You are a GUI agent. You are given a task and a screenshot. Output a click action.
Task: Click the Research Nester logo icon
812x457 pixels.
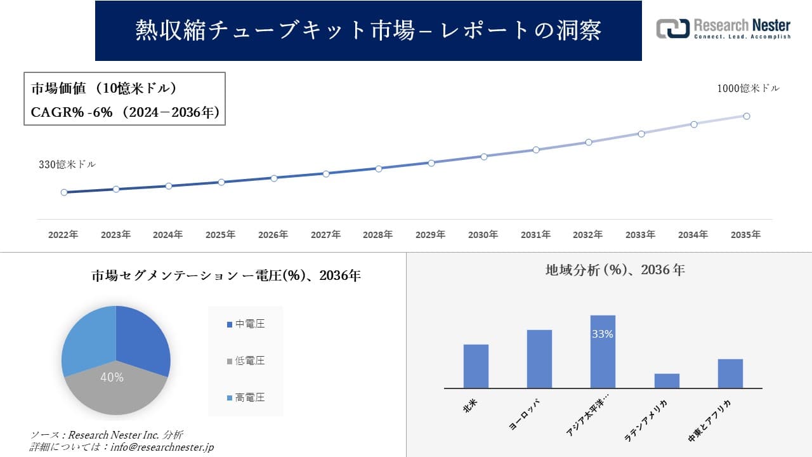672,29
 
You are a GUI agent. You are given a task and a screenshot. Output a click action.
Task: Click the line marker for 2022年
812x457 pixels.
64,192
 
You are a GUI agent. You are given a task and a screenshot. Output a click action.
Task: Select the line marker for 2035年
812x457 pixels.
747,116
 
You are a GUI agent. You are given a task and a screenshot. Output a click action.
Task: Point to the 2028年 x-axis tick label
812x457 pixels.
378,235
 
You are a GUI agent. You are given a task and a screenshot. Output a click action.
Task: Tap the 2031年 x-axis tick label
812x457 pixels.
535,235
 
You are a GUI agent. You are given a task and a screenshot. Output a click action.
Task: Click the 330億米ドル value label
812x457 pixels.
67,164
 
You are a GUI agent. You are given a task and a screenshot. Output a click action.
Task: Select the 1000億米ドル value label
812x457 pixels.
748,89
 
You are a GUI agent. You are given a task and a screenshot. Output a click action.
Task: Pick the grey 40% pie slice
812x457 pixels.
114,387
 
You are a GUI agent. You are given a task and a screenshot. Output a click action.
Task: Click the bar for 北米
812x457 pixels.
476,366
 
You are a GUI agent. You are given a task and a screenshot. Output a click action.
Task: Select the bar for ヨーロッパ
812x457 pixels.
539,359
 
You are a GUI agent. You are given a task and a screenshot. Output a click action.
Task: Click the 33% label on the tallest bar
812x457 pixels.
602,334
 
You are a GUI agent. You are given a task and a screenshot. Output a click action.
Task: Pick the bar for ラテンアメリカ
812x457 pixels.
667,381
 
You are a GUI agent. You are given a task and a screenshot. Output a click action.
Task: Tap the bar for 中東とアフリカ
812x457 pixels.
730,373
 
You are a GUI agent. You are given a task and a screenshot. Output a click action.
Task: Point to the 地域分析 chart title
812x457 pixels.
615,270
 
